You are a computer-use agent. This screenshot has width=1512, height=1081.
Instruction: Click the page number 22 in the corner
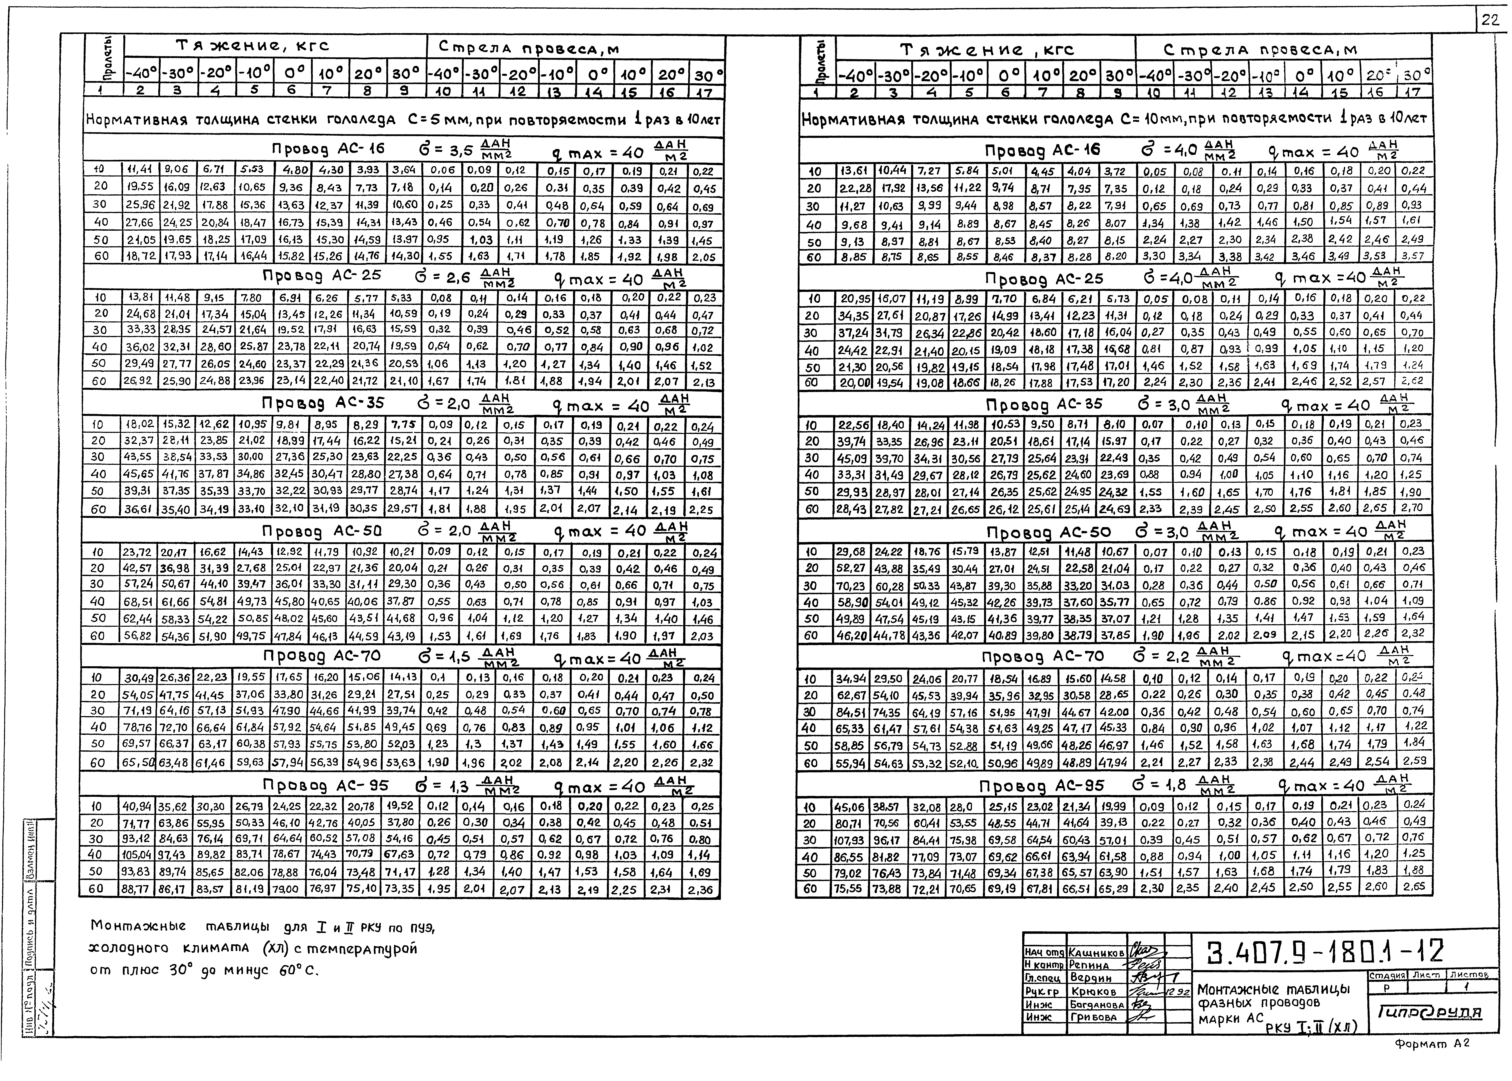coord(1491,21)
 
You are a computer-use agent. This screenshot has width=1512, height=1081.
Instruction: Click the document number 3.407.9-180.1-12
coord(1324,952)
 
